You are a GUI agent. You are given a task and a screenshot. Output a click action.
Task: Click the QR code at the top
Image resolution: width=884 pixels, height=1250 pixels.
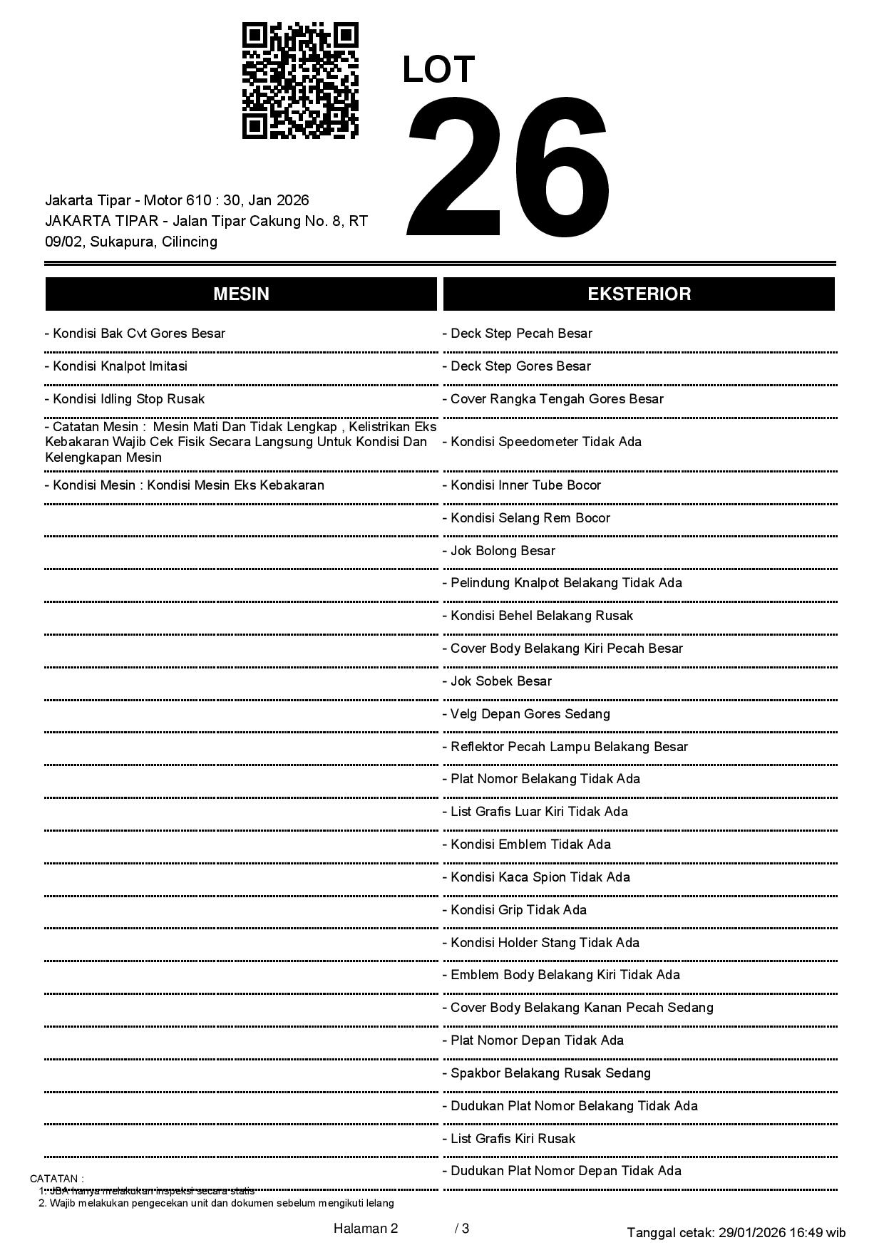[x=300, y=81]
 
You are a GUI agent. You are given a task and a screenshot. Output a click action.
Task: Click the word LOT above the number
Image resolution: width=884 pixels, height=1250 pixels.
[x=438, y=70]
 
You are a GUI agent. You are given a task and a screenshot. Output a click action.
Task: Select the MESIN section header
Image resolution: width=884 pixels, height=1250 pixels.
[x=241, y=294]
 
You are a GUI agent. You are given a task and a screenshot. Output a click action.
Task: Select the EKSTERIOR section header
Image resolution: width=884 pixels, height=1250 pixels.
[x=639, y=294]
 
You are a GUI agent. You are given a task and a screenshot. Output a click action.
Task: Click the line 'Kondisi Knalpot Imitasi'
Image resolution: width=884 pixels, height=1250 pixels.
[x=116, y=366]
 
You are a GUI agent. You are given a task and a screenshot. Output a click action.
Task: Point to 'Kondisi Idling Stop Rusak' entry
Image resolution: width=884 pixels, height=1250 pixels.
[x=125, y=399]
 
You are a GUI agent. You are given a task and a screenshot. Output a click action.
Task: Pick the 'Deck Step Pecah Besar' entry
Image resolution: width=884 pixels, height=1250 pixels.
[x=518, y=334]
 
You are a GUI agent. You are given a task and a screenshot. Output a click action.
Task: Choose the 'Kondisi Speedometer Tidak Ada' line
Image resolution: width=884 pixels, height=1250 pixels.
[x=542, y=442]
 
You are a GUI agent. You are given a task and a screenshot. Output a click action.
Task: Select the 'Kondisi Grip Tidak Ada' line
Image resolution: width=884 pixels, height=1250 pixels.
[x=515, y=910]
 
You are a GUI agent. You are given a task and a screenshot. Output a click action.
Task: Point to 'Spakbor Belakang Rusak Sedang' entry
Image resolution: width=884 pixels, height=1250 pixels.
[x=547, y=1073]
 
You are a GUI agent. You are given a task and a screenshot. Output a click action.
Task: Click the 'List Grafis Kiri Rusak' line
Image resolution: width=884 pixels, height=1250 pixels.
[x=509, y=1139]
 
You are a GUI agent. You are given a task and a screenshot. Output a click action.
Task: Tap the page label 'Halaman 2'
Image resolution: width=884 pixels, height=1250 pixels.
[x=366, y=1228]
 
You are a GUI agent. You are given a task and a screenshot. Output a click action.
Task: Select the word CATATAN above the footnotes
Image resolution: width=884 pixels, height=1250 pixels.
[x=56, y=1179]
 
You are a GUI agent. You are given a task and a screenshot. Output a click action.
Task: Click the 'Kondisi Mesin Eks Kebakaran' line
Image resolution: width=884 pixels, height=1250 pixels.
[x=185, y=485]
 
